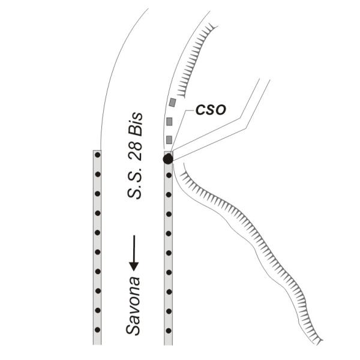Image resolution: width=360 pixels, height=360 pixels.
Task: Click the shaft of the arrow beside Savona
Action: [x=134, y=247]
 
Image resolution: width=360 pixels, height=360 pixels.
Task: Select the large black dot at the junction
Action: [x=168, y=158]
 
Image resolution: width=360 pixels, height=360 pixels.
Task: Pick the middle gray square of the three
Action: [x=169, y=121]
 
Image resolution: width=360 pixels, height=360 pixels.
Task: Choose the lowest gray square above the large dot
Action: [x=169, y=140]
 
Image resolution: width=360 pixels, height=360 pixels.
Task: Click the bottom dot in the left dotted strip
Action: [x=97, y=329]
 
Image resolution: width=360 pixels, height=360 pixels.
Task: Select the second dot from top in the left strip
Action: [x=97, y=175]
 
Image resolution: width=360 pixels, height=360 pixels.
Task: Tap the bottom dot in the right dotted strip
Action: [x=169, y=329]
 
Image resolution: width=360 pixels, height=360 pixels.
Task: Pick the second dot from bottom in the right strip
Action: [x=169, y=310]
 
